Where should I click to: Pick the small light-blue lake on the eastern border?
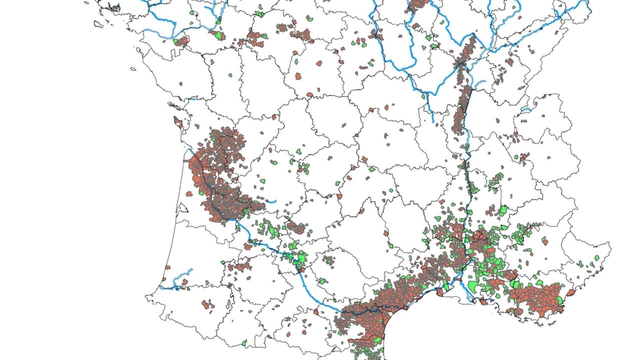526,108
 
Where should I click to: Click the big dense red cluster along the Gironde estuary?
220,180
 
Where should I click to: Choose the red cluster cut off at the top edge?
418,5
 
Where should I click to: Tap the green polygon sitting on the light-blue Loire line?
218,35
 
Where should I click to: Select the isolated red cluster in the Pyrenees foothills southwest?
207,304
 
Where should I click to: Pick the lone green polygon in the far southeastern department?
596,258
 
